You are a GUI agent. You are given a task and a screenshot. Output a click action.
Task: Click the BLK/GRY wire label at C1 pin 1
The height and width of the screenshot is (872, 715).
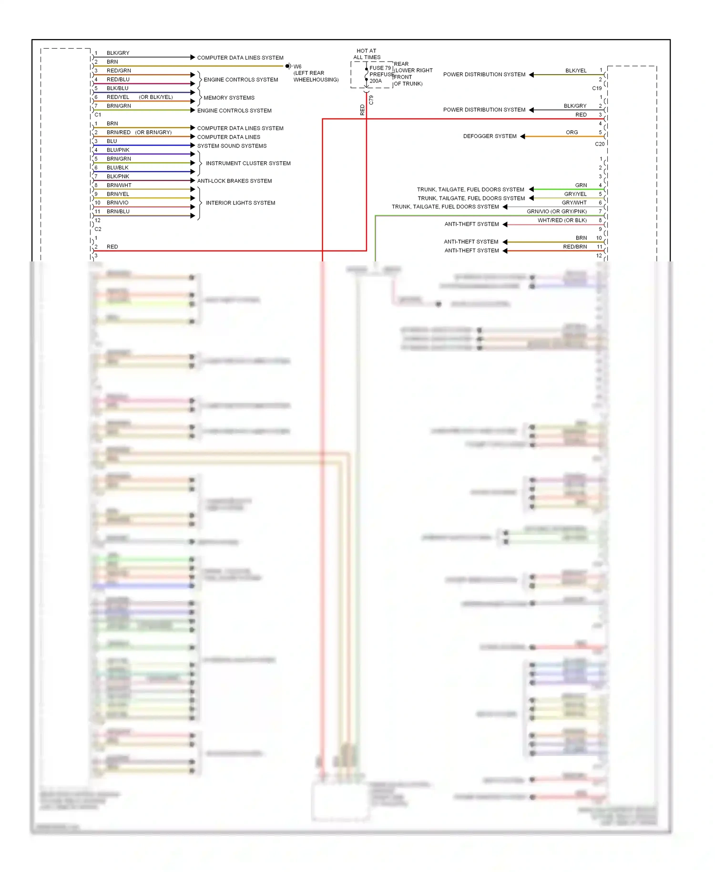118,53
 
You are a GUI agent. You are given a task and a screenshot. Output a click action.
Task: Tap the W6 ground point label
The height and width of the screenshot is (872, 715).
297,67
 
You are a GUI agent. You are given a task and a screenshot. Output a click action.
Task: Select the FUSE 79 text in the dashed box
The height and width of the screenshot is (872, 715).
380,68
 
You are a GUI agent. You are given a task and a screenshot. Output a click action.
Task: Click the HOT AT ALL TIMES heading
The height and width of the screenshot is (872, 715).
367,54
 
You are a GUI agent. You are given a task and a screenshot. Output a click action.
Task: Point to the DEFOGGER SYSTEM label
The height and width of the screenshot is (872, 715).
490,136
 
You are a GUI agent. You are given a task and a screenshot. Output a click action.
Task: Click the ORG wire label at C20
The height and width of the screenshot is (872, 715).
572,133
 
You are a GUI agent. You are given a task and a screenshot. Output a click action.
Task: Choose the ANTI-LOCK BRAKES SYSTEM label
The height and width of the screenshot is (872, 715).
235,181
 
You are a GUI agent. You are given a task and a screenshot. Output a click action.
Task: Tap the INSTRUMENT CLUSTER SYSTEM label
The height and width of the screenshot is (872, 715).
248,164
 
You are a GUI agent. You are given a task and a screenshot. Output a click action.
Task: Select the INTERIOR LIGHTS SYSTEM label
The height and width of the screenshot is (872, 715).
240,203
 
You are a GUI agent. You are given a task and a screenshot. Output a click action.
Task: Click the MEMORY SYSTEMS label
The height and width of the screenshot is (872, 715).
229,98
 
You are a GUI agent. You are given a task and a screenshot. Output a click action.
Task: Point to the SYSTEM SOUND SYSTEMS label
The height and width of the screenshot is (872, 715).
232,146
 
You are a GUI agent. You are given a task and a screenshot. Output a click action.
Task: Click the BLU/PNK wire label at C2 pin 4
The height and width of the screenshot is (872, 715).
118,150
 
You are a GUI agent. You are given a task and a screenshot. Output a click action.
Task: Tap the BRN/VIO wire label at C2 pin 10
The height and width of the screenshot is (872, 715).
117,203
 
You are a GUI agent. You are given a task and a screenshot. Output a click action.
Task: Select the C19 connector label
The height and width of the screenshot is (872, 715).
597,88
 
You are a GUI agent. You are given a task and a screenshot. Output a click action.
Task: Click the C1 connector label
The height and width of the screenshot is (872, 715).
98,115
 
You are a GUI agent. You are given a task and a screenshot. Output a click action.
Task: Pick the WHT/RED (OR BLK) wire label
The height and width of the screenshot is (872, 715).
562,220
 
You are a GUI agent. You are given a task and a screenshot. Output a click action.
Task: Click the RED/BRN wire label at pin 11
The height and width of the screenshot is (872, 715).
574,247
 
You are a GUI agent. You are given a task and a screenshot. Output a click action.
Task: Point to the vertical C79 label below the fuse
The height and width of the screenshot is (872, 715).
371,100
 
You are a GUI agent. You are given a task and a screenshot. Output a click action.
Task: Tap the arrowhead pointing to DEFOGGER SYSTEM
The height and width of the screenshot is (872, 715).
522,136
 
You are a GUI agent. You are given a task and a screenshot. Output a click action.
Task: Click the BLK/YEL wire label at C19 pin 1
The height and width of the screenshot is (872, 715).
576,71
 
